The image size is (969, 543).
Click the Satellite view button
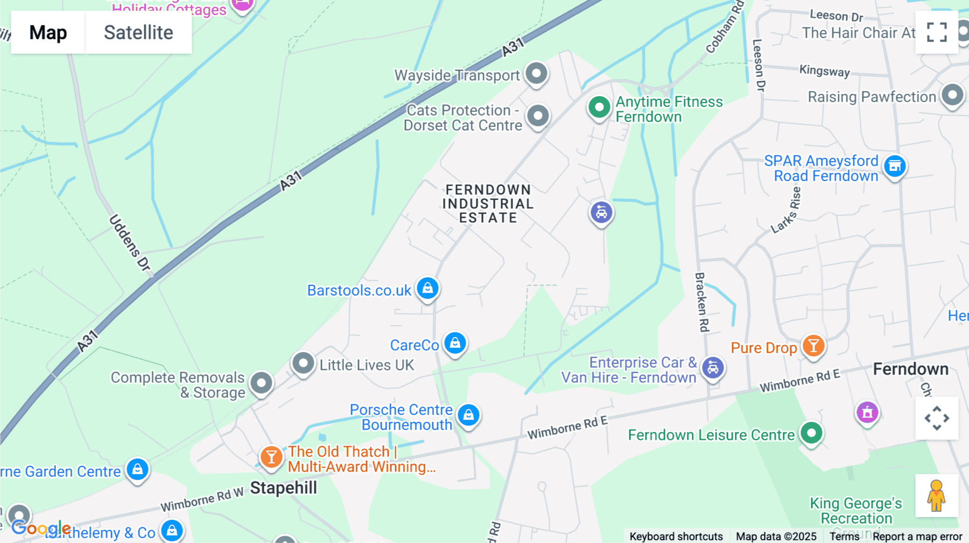[x=138, y=33]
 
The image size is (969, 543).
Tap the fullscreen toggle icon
[x=937, y=32]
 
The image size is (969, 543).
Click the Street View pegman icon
[x=937, y=496]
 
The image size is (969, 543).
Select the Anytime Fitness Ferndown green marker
[x=599, y=108]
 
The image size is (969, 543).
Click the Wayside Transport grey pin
[x=536, y=74]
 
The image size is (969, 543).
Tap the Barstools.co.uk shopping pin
[x=427, y=289]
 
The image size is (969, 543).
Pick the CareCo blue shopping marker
[x=455, y=343]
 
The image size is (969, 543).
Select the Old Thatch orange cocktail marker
[x=271, y=457]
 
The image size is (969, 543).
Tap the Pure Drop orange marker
[x=813, y=346]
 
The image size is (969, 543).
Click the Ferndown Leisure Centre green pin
[x=811, y=433]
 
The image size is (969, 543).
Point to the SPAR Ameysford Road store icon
[x=895, y=167]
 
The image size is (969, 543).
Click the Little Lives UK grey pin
[x=303, y=364]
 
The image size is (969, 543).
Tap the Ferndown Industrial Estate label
[x=488, y=204]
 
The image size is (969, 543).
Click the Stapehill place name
[x=284, y=488]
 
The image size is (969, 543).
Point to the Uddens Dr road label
[x=130, y=242]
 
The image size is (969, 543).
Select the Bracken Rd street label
[x=701, y=302]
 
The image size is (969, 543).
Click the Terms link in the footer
[x=844, y=537]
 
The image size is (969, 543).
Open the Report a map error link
[x=917, y=537]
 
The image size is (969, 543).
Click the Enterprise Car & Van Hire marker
[x=713, y=368]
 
